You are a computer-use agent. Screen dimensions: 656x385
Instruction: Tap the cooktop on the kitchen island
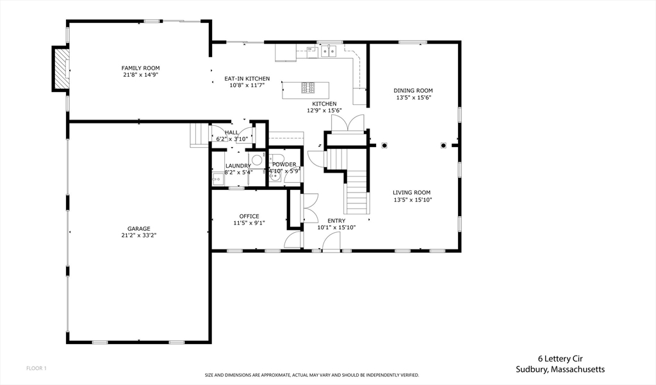point(307,87)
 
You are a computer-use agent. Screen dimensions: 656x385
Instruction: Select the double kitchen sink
point(329,51)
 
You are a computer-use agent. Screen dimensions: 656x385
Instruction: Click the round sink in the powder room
point(274,176)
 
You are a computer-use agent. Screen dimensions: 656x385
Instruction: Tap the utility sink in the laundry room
point(218,178)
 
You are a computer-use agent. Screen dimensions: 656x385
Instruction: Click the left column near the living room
point(384,145)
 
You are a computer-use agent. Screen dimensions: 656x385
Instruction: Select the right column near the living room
point(443,145)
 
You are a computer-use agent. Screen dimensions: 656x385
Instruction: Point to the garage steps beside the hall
point(199,136)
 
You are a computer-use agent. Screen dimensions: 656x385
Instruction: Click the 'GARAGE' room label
point(139,229)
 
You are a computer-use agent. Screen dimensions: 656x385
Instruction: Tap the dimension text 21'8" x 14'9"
point(141,75)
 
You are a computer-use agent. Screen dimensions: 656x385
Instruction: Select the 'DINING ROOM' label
point(413,91)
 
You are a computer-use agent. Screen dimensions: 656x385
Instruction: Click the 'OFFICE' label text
point(249,216)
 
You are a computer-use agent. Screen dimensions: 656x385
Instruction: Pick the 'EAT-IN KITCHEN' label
point(247,79)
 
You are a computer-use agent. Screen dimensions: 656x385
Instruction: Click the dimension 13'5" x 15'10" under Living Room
point(413,200)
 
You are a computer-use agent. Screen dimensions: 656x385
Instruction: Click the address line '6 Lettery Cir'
point(560,359)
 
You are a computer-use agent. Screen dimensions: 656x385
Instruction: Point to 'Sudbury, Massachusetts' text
point(560,370)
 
